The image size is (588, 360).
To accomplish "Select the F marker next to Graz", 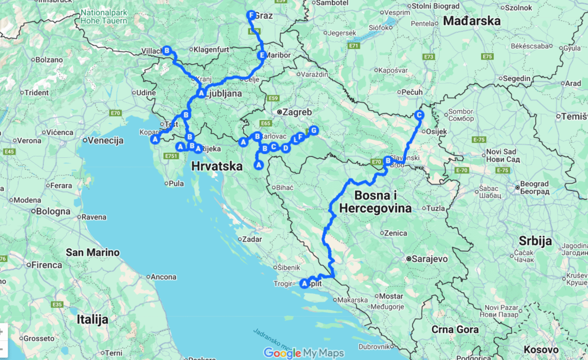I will pos(251,15).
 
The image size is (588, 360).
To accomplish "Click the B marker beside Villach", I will pos(167,50).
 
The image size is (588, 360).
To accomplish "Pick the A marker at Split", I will pos(305,283).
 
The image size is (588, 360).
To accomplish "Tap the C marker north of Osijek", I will pos(419,115).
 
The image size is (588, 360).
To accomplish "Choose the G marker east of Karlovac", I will pos(314,130).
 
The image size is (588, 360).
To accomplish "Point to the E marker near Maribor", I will pos(262,56).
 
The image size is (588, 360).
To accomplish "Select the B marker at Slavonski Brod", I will pos(387,160).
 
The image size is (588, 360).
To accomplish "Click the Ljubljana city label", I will pos(224,93).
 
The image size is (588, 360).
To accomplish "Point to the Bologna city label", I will pos(53,212).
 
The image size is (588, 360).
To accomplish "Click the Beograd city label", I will pos(534,184).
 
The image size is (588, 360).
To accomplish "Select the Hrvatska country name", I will pos(217,166).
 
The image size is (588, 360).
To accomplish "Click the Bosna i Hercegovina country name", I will pos(375,202).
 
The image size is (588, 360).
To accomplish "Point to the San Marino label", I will pos(92,253).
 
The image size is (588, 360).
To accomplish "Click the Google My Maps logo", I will pos(304,353).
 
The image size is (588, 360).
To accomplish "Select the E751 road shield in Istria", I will pos(171,156).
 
